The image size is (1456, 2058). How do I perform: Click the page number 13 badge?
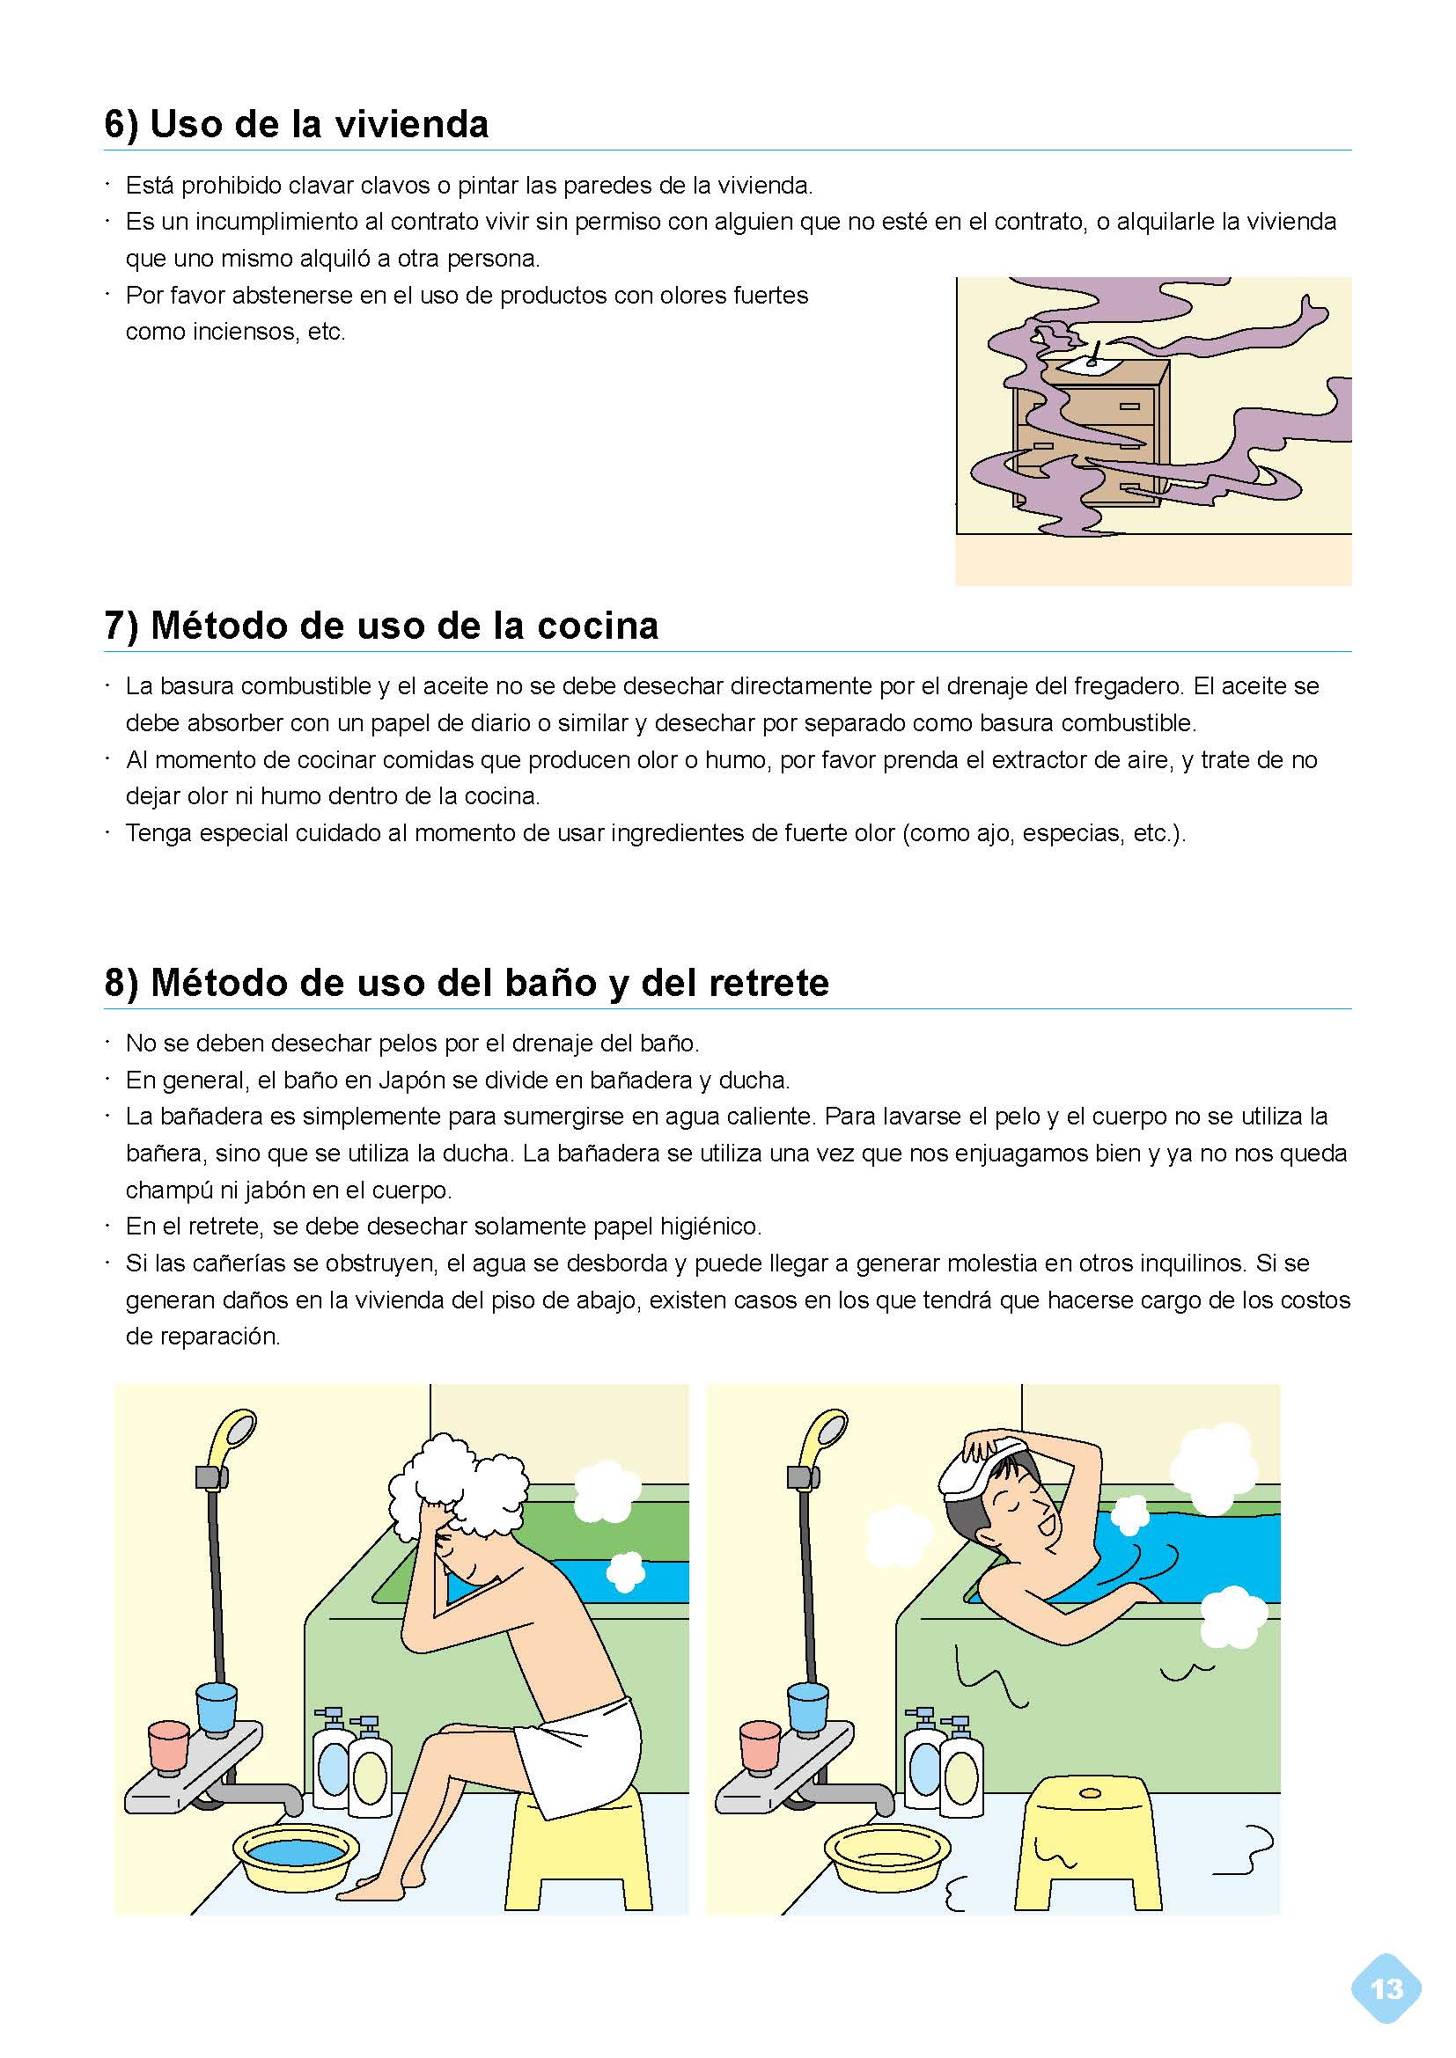coord(1386,1988)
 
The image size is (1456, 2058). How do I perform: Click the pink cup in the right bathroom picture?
coord(761,1745)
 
